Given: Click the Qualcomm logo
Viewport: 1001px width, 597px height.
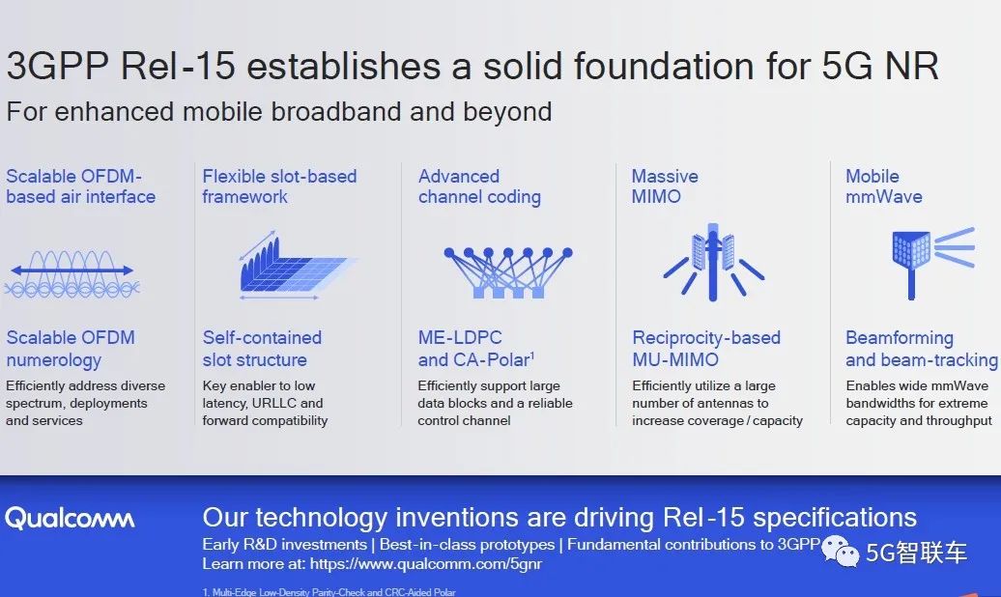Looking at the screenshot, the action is point(70,519).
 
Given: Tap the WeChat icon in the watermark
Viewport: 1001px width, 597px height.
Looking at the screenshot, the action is point(840,550).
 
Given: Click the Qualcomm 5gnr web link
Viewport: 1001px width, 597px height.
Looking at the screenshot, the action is point(426,564).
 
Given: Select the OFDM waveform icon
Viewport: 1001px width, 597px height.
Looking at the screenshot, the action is point(72,274).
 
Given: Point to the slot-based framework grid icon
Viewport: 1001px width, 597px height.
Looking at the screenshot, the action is point(297,265).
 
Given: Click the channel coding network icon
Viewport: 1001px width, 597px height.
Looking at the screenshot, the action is point(508,272).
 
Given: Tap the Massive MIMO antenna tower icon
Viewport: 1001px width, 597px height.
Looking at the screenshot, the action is point(713,262).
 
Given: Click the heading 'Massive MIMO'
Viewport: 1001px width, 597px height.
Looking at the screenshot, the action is point(665,186).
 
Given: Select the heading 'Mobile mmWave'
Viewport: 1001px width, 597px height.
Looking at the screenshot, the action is point(883,186).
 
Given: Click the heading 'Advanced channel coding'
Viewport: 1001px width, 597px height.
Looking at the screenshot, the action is point(479,186).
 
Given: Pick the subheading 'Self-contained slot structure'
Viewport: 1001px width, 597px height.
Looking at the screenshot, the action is point(262,349).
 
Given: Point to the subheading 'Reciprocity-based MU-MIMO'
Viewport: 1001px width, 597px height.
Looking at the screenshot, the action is point(706,349).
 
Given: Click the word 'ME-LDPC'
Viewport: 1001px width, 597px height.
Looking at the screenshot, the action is point(460,338).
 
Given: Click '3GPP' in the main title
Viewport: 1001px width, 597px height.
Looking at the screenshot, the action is point(57,66).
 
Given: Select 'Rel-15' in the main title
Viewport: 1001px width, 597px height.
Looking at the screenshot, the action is point(178,66).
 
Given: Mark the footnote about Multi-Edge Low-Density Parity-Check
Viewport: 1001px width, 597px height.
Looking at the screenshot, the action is point(329,592).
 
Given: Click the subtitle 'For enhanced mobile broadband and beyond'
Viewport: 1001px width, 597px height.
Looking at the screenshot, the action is point(279,112).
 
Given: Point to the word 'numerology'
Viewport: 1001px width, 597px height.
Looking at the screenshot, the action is point(54,360).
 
